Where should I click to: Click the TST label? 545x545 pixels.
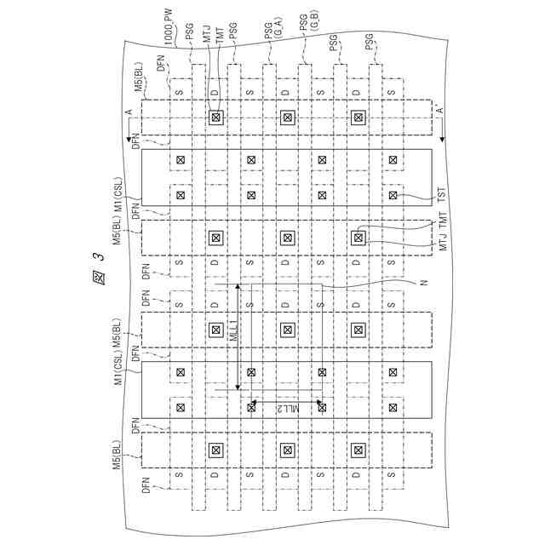(441, 196)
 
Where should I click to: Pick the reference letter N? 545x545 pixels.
(422, 282)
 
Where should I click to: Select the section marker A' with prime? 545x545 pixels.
(440, 110)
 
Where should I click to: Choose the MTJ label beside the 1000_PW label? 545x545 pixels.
(206, 35)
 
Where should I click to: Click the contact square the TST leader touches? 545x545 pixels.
(393, 196)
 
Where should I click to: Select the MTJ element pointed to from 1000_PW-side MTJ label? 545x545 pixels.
(215, 118)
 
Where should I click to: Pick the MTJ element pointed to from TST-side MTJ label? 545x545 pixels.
(359, 237)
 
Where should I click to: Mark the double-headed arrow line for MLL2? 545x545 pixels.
(287, 401)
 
